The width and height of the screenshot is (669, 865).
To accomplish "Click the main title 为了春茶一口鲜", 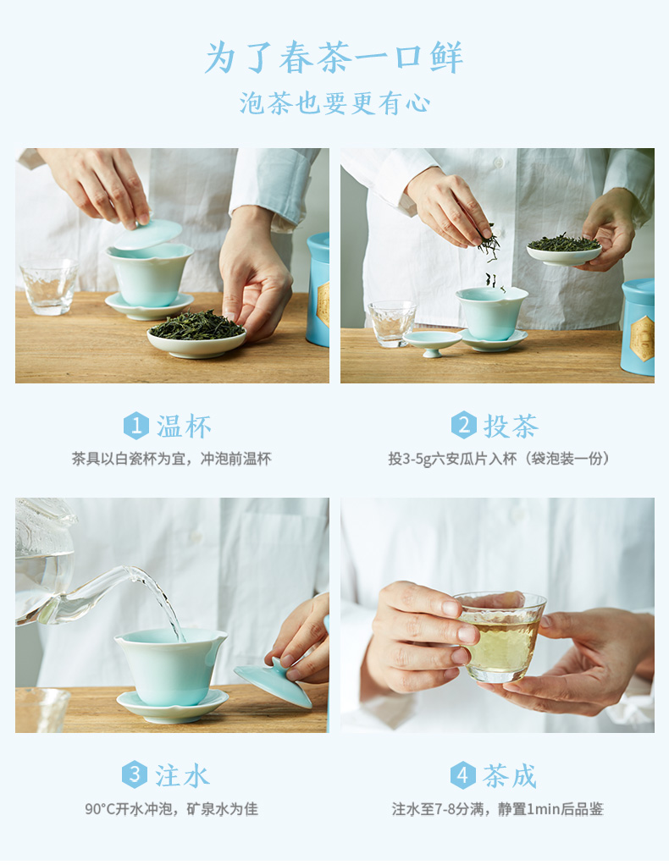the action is click(334, 58).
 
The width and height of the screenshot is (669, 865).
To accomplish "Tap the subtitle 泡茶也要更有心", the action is click(334, 103).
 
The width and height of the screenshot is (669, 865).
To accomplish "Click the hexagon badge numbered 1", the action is click(135, 426).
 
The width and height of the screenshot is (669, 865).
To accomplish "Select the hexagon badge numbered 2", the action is click(464, 426).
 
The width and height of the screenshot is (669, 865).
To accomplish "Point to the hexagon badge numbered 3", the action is click(134, 775).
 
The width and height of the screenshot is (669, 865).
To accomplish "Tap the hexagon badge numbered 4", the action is click(462, 775).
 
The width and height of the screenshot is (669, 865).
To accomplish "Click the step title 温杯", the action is click(184, 427).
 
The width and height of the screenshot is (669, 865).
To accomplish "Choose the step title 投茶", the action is click(511, 426).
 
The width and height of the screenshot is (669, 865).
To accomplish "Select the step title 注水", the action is click(181, 775).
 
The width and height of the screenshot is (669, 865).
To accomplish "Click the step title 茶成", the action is click(510, 775).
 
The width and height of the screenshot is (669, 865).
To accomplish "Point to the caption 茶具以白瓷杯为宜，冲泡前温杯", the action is click(172, 459).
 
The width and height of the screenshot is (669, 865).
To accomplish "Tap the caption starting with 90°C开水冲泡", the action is click(171, 809).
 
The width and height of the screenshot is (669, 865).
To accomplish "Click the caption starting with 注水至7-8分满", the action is click(497, 809).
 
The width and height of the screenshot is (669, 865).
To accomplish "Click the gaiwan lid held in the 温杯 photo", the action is click(148, 234).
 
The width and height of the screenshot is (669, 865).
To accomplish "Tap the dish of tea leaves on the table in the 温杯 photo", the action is click(196, 335).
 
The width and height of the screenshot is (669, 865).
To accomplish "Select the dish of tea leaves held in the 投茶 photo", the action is click(564, 251).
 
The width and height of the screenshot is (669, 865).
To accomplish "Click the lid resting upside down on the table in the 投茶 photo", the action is click(432, 341).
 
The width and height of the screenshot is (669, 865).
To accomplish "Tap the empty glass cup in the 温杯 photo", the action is click(48, 287).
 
